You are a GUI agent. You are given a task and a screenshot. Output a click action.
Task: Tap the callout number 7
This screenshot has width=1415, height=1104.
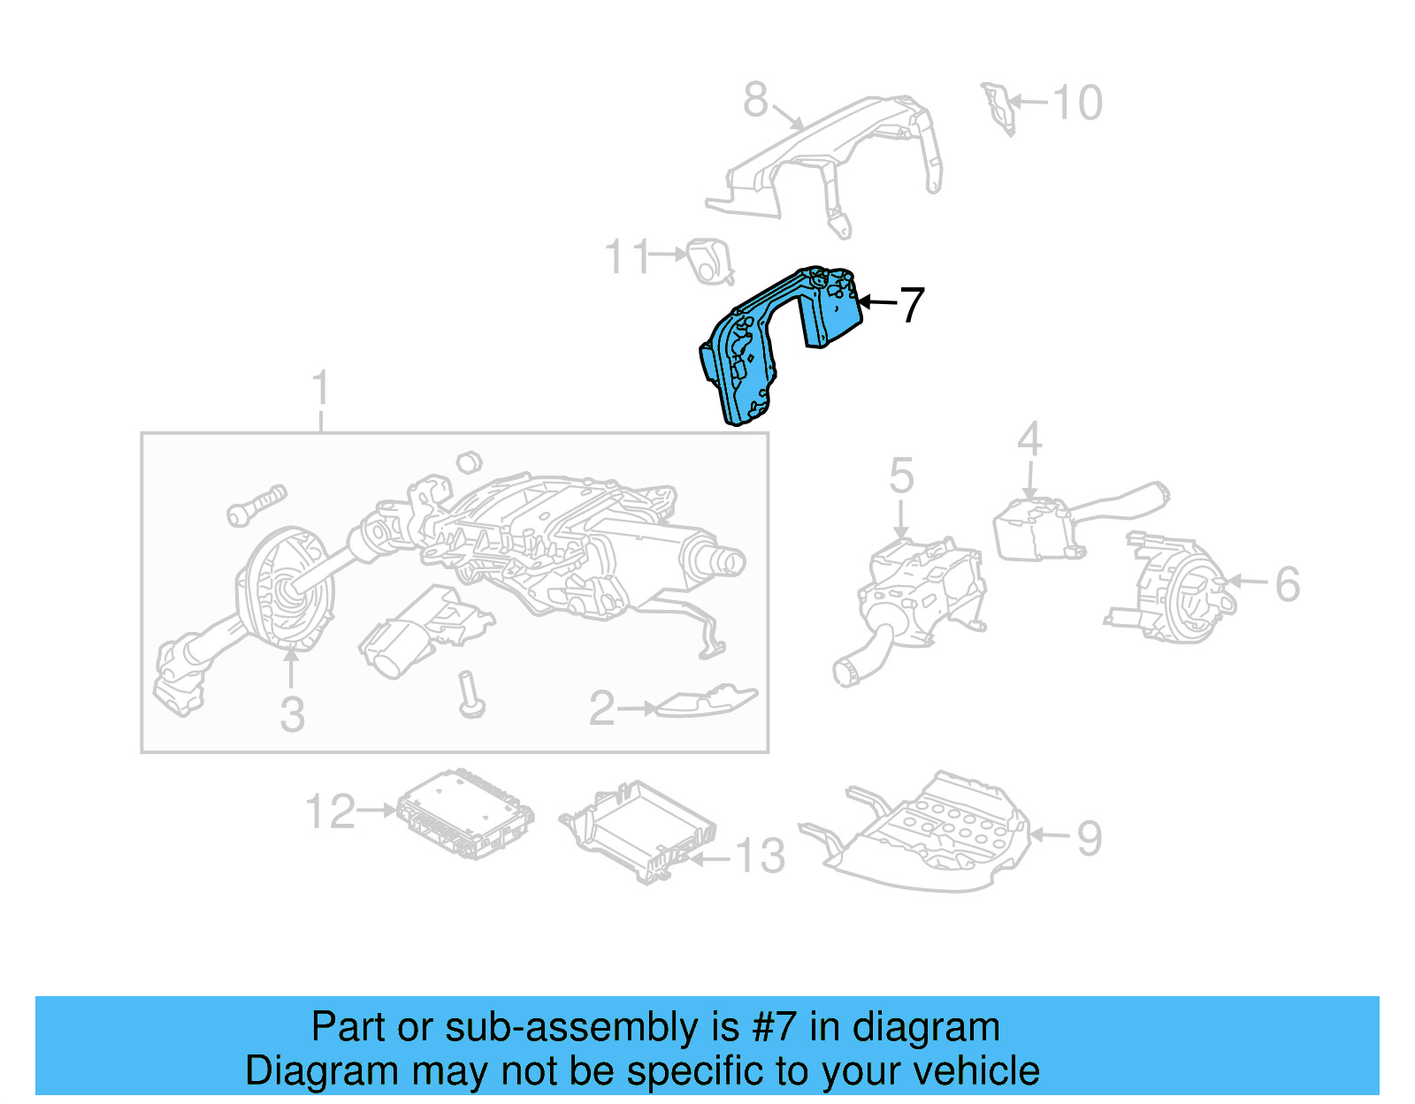click(x=912, y=304)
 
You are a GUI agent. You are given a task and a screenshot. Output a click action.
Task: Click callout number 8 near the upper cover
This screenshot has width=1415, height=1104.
click(x=755, y=100)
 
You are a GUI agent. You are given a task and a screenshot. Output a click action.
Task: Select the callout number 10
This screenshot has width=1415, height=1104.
click(x=1077, y=103)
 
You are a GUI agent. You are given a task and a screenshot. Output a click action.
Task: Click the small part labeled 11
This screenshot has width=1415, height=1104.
click(x=710, y=262)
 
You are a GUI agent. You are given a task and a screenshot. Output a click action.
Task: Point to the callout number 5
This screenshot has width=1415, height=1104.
click(x=900, y=476)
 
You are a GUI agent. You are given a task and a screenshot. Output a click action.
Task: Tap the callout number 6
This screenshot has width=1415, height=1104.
click(x=1287, y=584)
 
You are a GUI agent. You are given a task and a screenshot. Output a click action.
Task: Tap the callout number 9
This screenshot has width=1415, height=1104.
click(x=1089, y=838)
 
